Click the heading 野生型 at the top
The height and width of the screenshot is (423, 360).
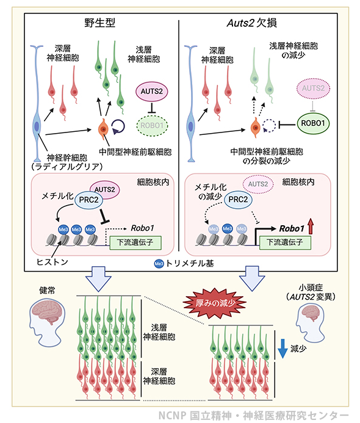[100, 23]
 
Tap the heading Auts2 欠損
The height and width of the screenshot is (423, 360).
[251, 23]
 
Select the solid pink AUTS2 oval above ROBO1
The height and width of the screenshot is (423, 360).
[151, 92]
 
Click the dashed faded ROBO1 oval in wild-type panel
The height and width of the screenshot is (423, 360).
[152, 126]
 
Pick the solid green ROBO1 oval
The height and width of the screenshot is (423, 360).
[313, 123]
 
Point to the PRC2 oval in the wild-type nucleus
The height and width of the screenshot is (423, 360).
[88, 200]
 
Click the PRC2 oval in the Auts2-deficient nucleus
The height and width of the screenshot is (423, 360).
[238, 200]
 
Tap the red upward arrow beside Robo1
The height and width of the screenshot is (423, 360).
[311, 226]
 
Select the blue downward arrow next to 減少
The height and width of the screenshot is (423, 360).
[283, 349]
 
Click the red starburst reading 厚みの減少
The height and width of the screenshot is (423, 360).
[215, 303]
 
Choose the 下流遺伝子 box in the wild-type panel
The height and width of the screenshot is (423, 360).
[135, 242]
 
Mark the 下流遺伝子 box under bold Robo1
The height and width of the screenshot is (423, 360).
[285, 242]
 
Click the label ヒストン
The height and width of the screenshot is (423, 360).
[52, 262]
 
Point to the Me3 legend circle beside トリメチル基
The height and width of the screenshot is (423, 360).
[159, 264]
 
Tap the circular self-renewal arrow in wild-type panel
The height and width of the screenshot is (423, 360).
[118, 126]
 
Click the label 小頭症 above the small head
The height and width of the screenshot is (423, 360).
[311, 287]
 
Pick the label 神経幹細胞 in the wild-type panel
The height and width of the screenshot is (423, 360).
[67, 157]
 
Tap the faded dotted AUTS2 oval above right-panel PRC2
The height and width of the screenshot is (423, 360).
[258, 184]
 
